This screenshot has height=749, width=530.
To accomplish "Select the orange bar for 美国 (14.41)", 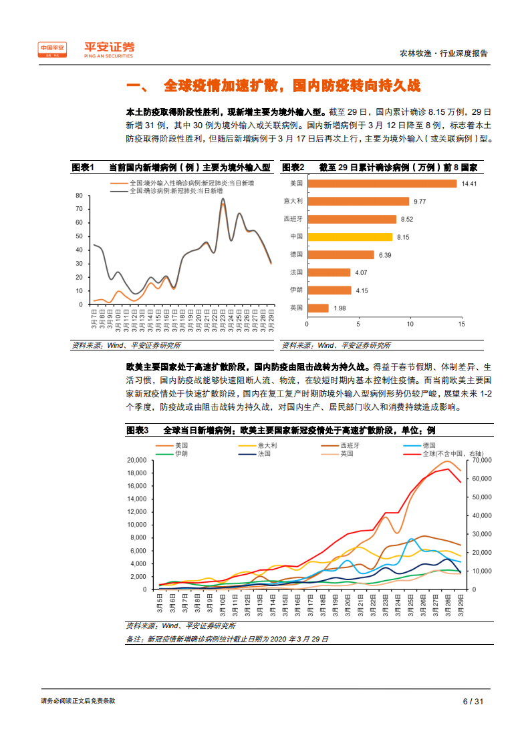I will [x=382, y=183].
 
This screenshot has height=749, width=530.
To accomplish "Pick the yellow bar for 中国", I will [x=350, y=236].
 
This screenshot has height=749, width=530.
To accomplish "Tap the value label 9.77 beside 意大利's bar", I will [x=420, y=201].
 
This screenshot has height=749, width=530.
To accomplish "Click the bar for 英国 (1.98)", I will [x=317, y=308].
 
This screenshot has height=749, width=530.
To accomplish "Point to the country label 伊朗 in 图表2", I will [x=296, y=290].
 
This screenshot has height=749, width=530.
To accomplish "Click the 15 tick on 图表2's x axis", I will [x=461, y=324].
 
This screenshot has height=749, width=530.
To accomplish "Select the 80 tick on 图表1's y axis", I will [x=79, y=196].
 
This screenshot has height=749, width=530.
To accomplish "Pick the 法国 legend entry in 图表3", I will [x=264, y=453].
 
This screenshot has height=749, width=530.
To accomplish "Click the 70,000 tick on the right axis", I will [x=482, y=461].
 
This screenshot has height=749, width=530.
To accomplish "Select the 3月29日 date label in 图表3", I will [x=460, y=608].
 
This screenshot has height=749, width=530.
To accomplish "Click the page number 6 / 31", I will [x=473, y=701].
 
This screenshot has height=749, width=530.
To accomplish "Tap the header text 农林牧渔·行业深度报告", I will [x=443, y=53].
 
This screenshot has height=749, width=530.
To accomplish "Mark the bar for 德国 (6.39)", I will [x=340, y=254].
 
